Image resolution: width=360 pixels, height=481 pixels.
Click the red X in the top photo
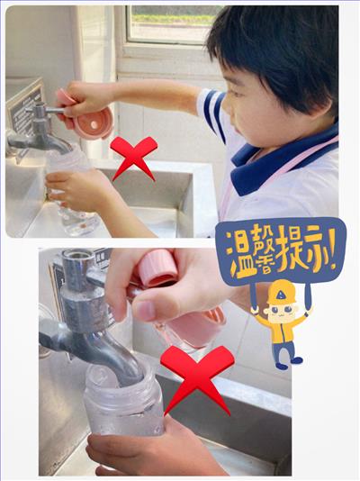point(134,157)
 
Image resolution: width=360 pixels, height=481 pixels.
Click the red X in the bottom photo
point(197,380)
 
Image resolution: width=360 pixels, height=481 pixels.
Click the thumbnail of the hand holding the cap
point(145,311)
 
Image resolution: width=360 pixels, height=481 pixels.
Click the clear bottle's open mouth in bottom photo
point(121,378)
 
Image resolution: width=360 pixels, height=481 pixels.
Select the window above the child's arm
point(172,24)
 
